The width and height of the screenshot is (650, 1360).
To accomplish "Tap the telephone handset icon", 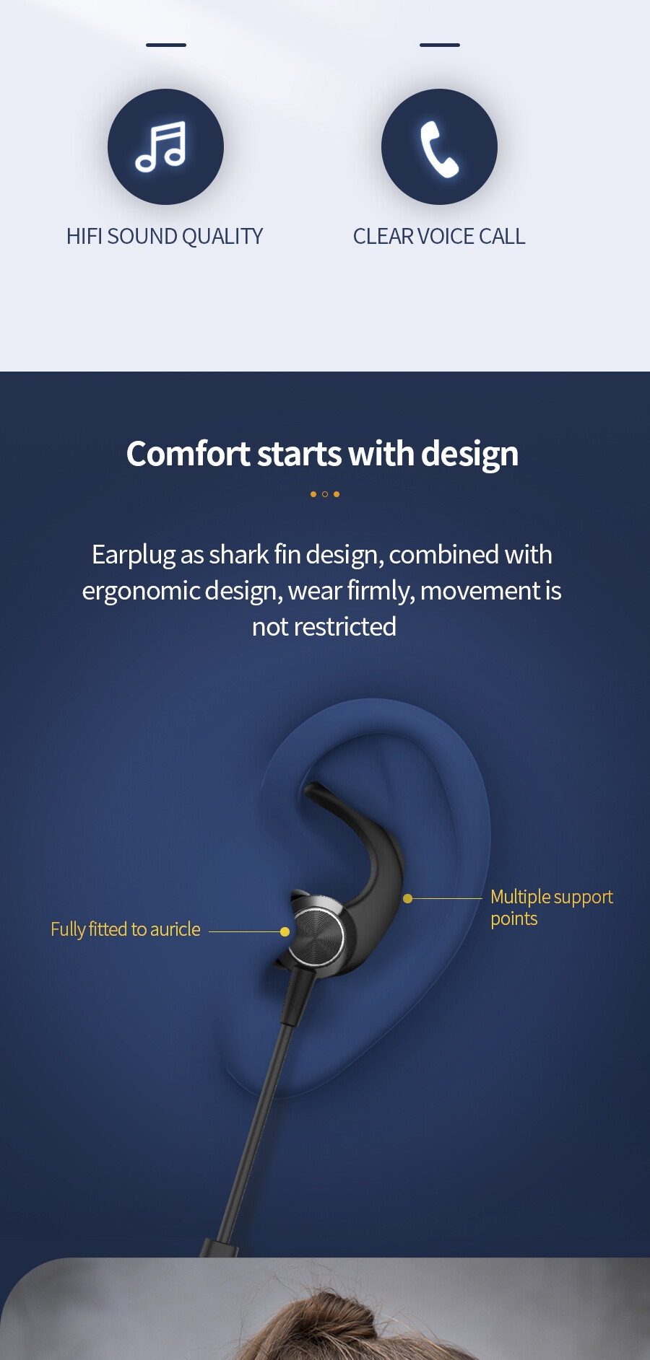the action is tap(439, 149).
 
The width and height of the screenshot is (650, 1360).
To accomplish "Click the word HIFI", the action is tap(84, 237).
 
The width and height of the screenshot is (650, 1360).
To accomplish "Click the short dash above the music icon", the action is tap(166, 45).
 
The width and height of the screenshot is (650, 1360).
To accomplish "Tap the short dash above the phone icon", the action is tap(440, 45).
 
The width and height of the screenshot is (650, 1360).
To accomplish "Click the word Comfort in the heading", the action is tap(188, 454).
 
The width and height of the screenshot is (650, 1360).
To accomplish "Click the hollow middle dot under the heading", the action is tap(325, 494).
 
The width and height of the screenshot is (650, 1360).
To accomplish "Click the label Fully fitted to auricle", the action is tap(126, 929).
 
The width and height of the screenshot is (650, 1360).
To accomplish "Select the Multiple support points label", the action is tap(552, 908).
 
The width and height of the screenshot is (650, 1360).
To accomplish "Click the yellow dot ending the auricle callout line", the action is tap(285, 931).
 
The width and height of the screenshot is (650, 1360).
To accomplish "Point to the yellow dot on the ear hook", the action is tap(407, 898).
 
